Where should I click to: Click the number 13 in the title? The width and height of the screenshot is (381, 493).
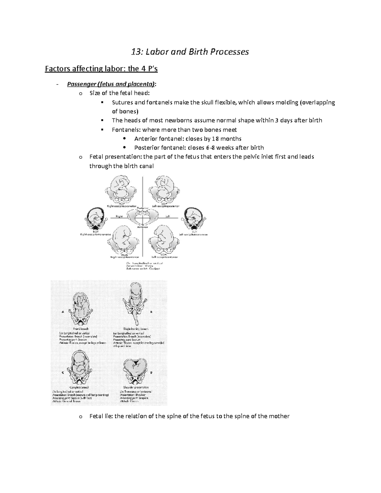(x=136, y=52)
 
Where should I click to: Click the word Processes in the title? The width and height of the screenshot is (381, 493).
(x=229, y=52)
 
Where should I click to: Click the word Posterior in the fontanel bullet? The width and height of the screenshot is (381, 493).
(x=148, y=148)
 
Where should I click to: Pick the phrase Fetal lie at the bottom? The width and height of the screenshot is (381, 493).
(x=101, y=416)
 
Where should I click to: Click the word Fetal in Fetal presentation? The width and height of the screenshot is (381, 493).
(x=97, y=157)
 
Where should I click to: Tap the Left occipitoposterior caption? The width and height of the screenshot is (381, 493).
(x=165, y=206)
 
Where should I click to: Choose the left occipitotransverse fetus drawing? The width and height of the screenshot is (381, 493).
(x=193, y=218)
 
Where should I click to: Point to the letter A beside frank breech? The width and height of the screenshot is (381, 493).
(x=63, y=312)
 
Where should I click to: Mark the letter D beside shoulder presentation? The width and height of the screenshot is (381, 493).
(x=151, y=373)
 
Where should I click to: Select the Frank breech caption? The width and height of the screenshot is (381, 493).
(x=81, y=329)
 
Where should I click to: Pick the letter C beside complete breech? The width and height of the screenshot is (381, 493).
(x=63, y=373)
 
